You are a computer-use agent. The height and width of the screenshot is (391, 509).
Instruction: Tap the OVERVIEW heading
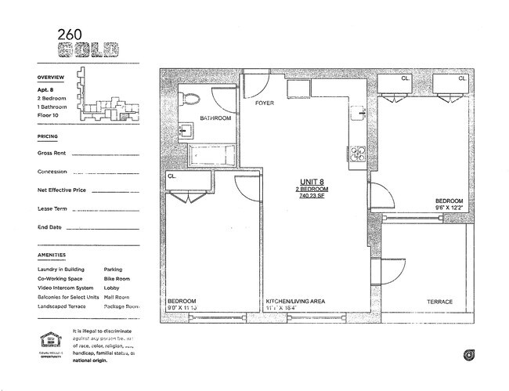(x=52, y=78)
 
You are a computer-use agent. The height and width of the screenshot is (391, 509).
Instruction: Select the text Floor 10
(x=51, y=114)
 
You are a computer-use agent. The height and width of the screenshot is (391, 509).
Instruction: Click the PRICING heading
(x=48, y=136)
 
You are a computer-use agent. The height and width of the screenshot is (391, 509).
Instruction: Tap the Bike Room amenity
(x=117, y=278)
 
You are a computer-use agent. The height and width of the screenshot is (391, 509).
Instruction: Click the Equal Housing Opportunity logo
(x=49, y=342)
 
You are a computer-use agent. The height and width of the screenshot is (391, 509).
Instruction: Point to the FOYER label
(x=264, y=103)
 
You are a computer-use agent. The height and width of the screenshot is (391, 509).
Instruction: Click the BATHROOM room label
(x=215, y=118)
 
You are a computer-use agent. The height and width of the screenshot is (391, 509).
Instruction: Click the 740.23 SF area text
(x=312, y=197)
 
